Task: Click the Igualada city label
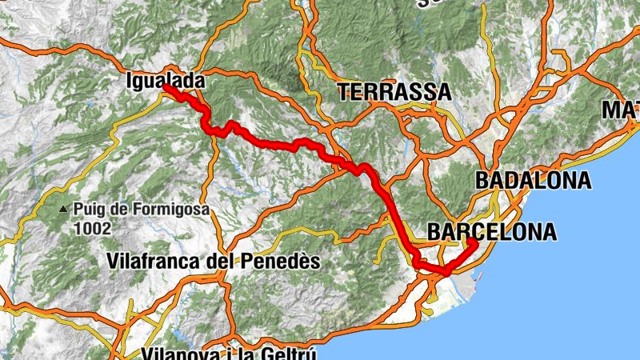click(x=166, y=80)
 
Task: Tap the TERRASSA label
click(x=394, y=92)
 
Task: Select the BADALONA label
click(x=534, y=180)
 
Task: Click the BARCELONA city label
click(x=492, y=232)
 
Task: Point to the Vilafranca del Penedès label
click(x=214, y=261)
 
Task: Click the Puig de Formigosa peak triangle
click(x=63, y=210)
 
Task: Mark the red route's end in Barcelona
click(x=473, y=242)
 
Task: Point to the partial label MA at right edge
click(x=621, y=109)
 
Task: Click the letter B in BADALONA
click(x=482, y=180)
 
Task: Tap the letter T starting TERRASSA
click(x=344, y=92)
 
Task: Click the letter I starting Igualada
click(x=129, y=80)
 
